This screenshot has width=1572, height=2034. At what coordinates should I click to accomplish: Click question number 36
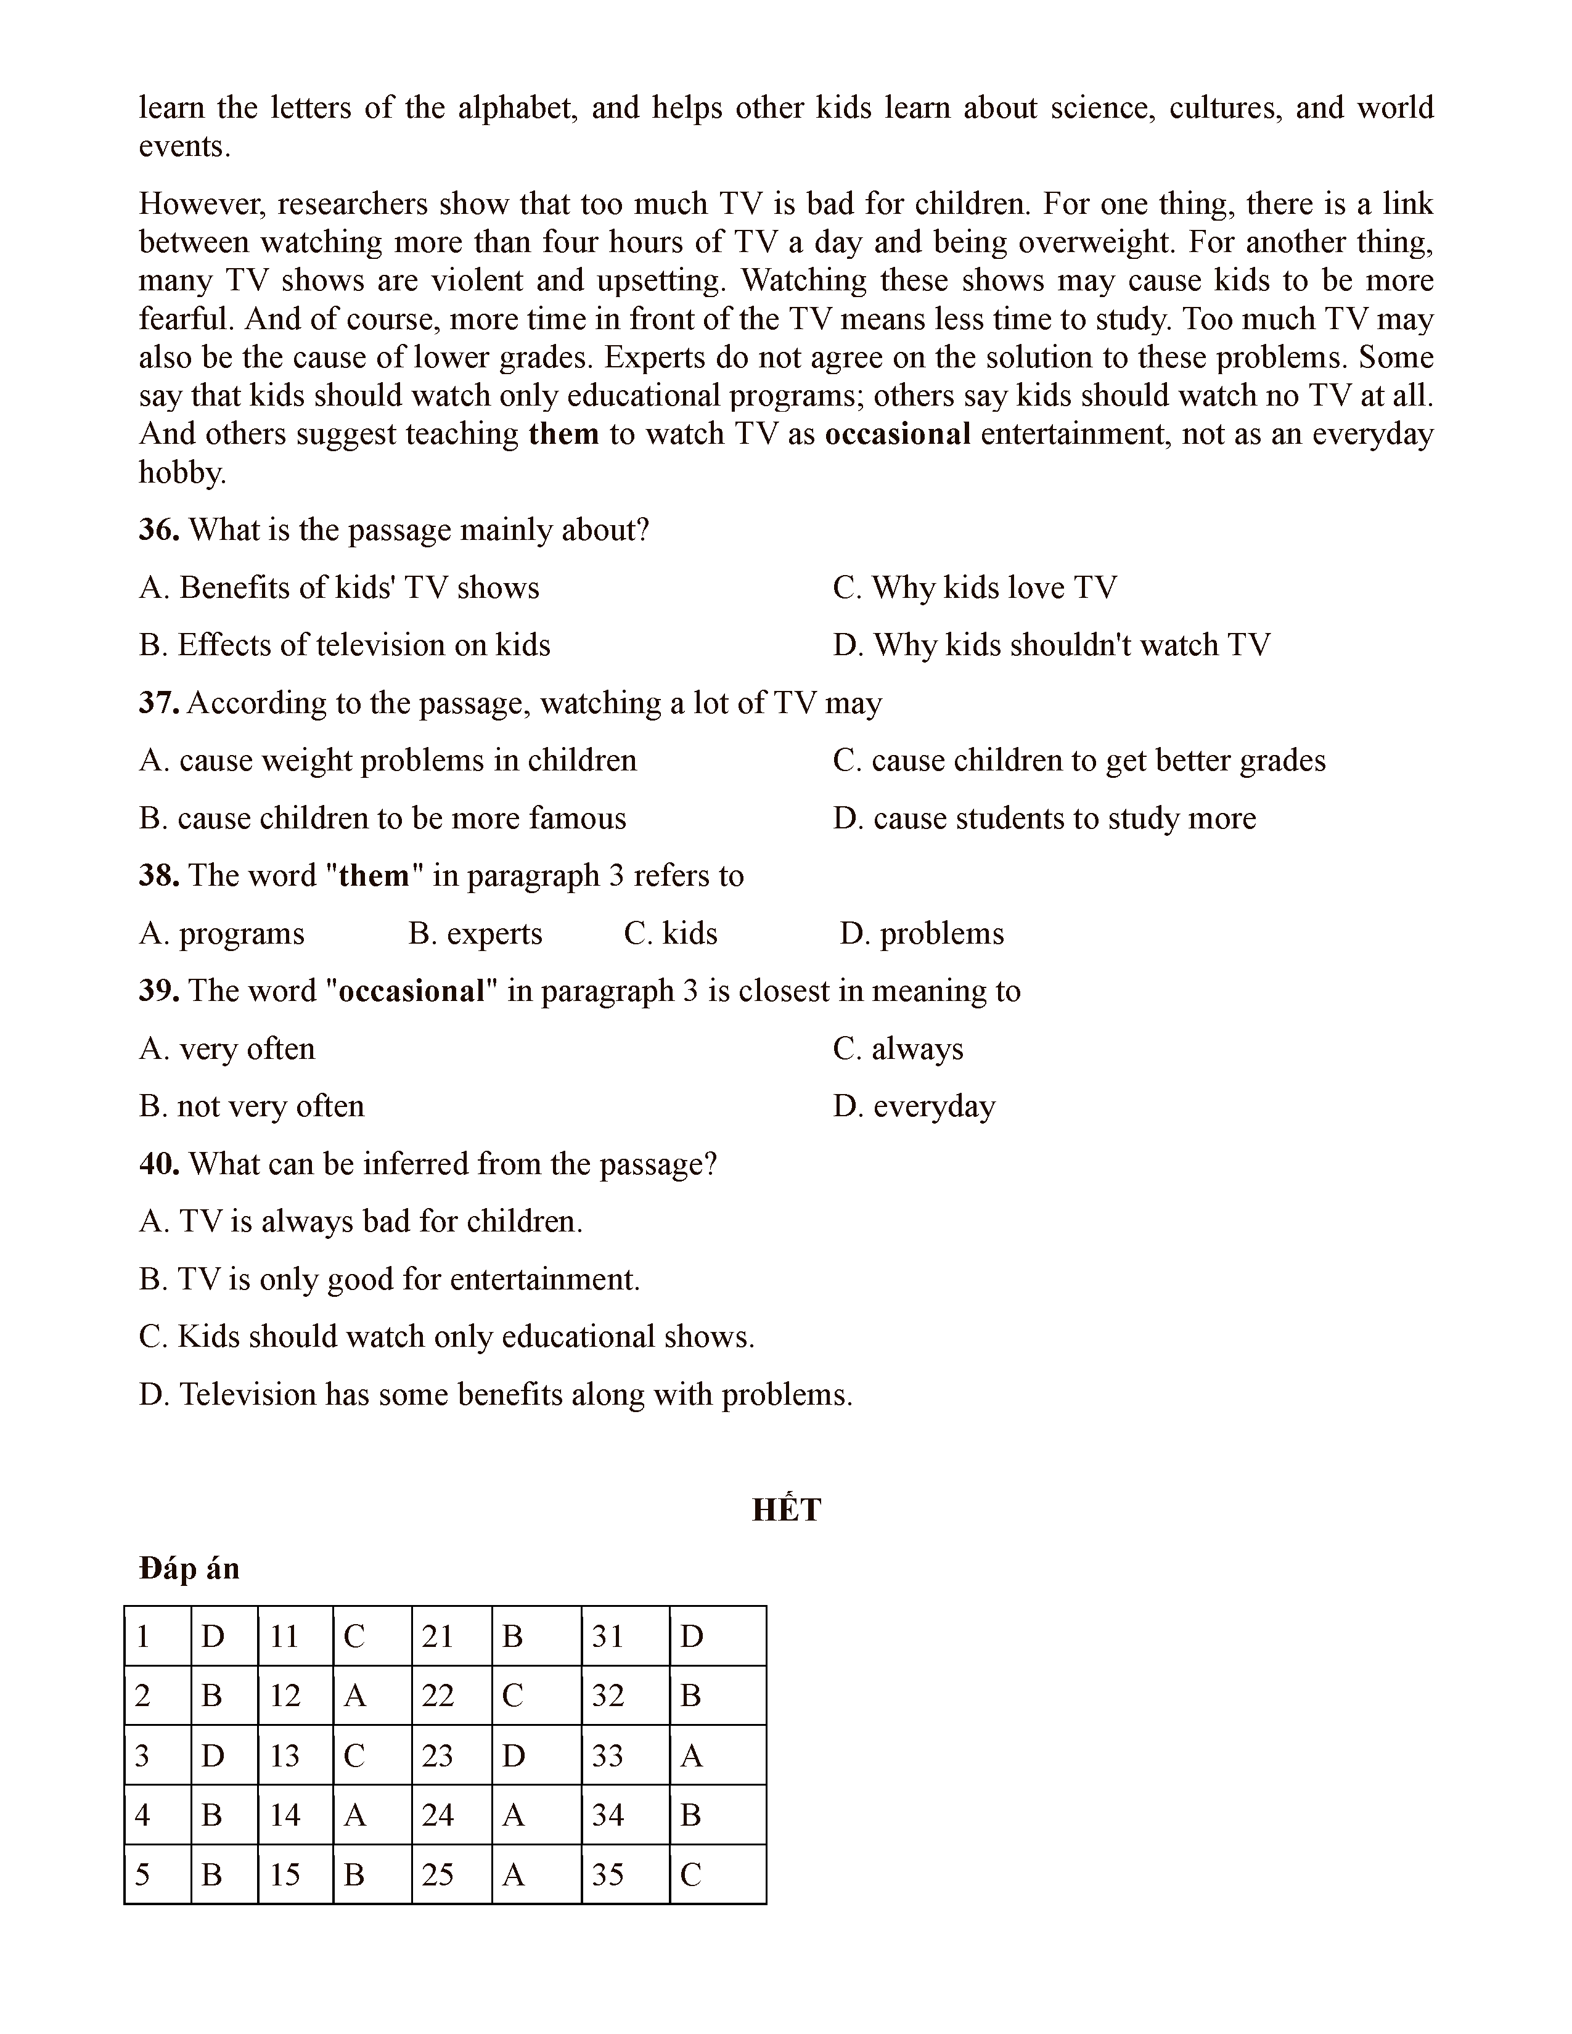[158, 530]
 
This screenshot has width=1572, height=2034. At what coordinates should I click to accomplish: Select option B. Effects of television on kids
[345, 645]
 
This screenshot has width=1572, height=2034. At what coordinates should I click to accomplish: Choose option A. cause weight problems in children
[387, 761]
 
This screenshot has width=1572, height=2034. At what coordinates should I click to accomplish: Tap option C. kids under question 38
[671, 933]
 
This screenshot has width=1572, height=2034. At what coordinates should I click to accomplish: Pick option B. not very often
[252, 1106]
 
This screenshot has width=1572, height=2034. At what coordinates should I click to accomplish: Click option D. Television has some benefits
[496, 1394]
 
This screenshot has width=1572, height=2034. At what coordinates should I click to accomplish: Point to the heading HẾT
[786, 1509]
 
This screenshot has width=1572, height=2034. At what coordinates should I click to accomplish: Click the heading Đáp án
[189, 1569]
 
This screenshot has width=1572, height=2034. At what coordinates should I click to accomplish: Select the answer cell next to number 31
[717, 1636]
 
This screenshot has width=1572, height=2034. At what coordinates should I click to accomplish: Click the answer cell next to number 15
[372, 1875]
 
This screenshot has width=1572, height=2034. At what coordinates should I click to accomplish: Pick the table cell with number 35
[625, 1875]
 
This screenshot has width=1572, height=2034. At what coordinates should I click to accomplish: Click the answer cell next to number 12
[372, 1696]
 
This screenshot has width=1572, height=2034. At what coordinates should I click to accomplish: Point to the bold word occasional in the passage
[898, 434]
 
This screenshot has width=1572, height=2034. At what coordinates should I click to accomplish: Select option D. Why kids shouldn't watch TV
[1052, 645]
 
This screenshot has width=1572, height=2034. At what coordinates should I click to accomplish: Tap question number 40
[158, 1164]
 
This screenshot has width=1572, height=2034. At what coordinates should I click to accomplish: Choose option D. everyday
[914, 1106]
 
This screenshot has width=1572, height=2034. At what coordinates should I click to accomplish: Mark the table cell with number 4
[157, 1815]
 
